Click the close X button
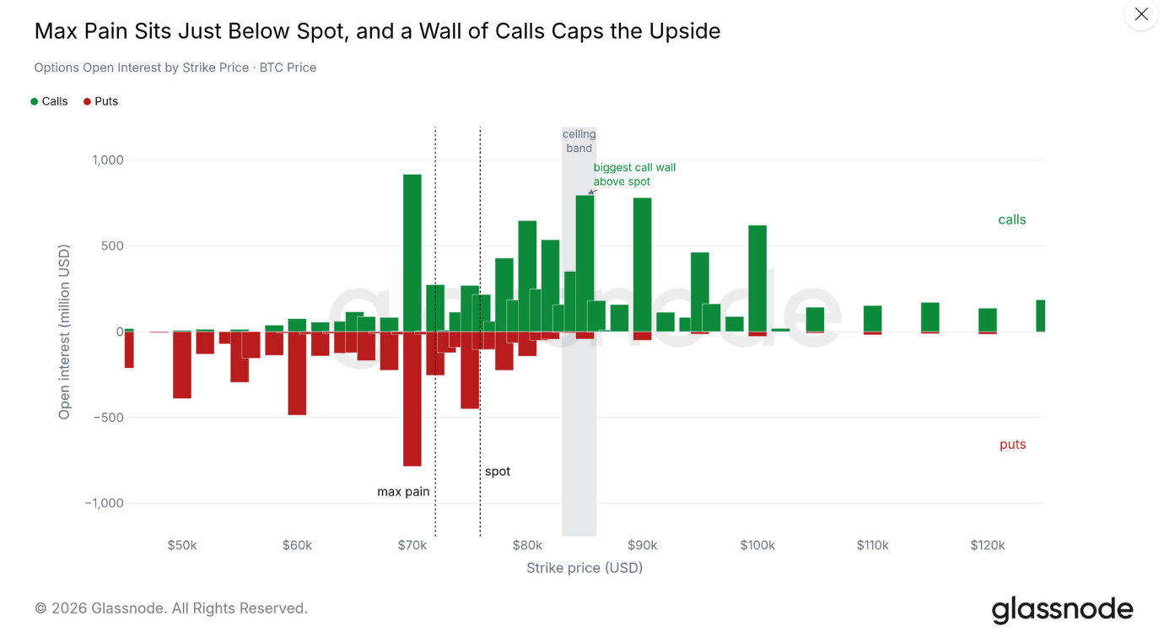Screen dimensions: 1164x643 tap(1141, 14)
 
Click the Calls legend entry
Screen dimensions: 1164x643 tap(50, 101)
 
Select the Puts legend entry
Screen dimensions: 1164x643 tap(101, 101)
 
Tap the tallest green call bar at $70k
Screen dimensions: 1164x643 tap(412, 252)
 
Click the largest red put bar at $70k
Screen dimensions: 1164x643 tap(412, 398)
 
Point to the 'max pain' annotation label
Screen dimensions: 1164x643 tap(403, 491)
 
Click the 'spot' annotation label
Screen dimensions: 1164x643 tap(498, 472)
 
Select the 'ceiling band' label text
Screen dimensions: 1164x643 tap(579, 141)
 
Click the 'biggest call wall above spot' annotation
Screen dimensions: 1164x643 tap(634, 174)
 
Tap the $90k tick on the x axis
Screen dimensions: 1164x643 tap(642, 545)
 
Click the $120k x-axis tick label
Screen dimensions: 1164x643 tap(988, 545)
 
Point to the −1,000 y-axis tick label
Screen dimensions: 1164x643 tap(104, 503)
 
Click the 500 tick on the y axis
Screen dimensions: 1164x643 tap(112, 246)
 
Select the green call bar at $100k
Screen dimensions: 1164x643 tap(757, 278)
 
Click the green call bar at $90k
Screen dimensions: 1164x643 tap(642, 265)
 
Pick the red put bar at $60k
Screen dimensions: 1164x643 tap(297, 373)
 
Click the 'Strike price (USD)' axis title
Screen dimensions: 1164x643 tap(585, 568)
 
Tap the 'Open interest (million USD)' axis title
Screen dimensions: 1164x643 tap(63, 332)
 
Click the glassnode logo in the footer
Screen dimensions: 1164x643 tap(1062, 609)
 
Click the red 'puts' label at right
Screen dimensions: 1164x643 tap(1013, 445)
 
